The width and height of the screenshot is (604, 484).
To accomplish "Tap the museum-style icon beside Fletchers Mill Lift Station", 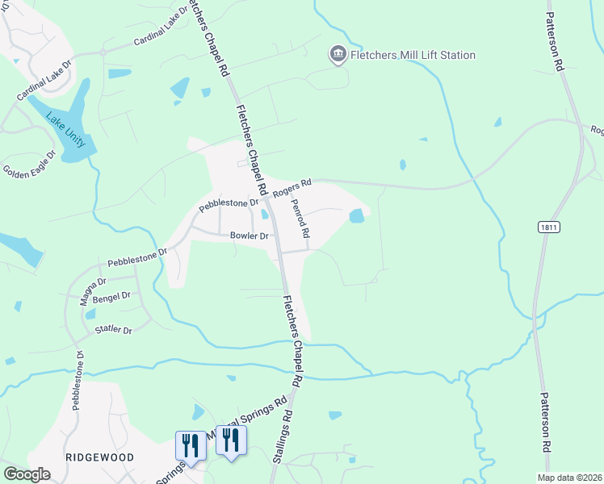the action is pos(338,55).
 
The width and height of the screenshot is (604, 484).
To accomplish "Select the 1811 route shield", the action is pos(548,229).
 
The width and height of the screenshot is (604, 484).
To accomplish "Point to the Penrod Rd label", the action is pos(300,219).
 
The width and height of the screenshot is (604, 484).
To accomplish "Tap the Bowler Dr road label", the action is pos(249,236).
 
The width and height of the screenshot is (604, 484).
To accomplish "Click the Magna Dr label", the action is pos(93,289).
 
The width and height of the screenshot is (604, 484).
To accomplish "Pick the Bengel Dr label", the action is pos(111,298).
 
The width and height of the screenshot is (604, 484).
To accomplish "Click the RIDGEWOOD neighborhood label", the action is pos(99,457).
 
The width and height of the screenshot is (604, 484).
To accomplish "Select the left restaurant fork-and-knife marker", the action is pos(191,444).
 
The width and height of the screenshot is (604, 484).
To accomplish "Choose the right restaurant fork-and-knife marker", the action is pos(231,440).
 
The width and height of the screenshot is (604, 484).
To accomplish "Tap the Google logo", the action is pos(27,474).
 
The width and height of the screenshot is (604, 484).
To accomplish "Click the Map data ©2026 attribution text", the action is pos(568,478).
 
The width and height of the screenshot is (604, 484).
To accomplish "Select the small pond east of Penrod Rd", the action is pos(356,215).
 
